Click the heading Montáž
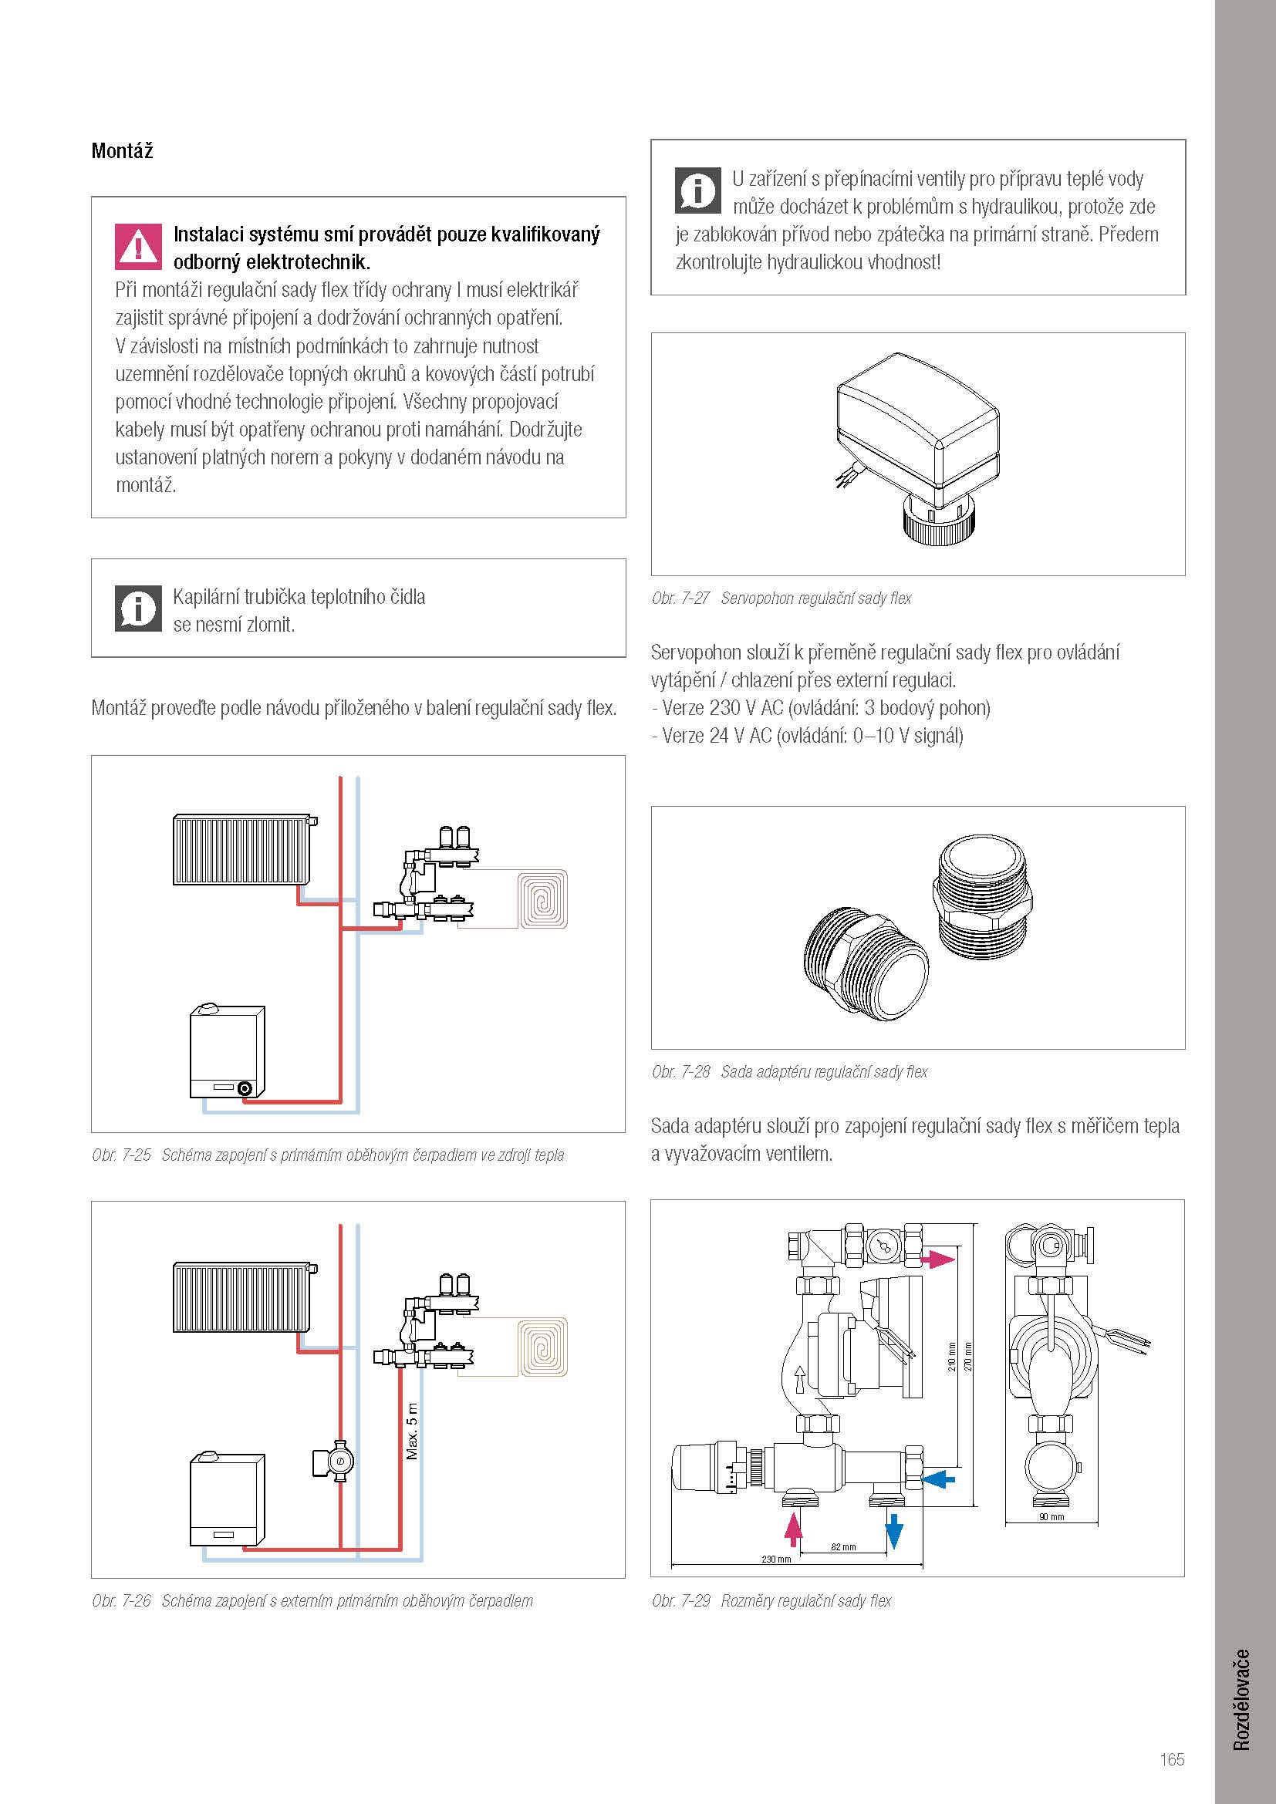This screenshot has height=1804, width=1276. pos(122,150)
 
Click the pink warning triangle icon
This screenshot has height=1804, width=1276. pos(138,246)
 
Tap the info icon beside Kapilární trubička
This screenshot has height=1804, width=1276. pos(138,608)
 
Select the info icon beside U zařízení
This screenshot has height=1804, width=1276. pos(697,191)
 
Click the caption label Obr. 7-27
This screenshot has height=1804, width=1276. pos(680,598)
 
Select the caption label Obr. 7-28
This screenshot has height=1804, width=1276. pos(680,1072)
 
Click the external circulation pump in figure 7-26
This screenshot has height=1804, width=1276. pos(336,1461)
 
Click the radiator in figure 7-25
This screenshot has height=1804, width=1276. pos(245,850)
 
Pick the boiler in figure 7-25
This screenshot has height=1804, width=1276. pos(227,1051)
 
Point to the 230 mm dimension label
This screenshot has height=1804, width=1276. pos(776,1559)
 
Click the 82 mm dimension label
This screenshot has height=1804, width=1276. pos(843,1547)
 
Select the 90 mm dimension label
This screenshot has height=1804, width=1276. pos(1052,1516)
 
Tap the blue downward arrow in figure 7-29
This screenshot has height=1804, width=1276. pos(894,1532)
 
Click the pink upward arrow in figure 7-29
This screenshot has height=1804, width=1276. pos(794,1530)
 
